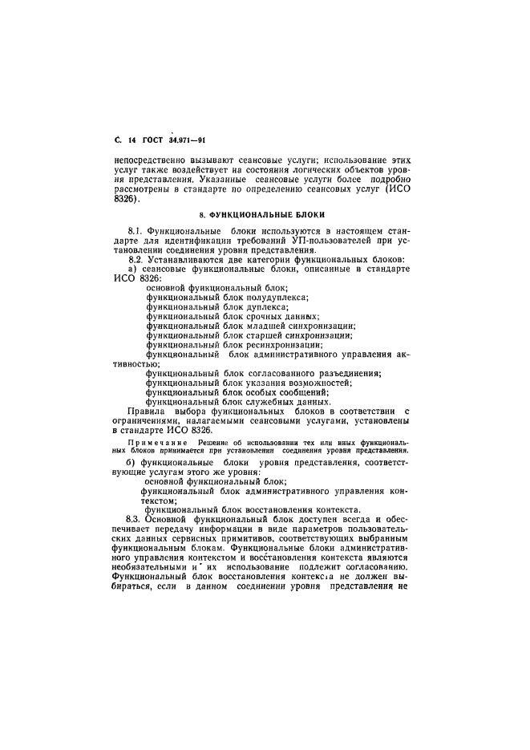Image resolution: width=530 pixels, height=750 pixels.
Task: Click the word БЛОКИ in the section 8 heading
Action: [308, 215]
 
